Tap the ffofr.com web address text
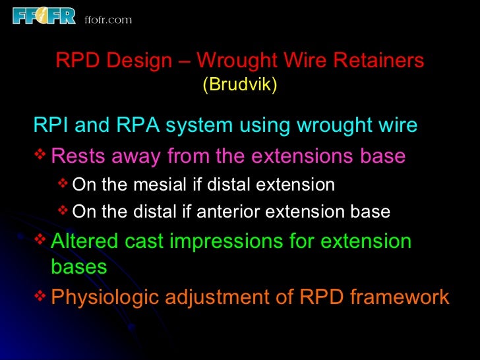click(x=108, y=19)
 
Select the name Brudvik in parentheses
click(x=239, y=85)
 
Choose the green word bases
click(x=78, y=267)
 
